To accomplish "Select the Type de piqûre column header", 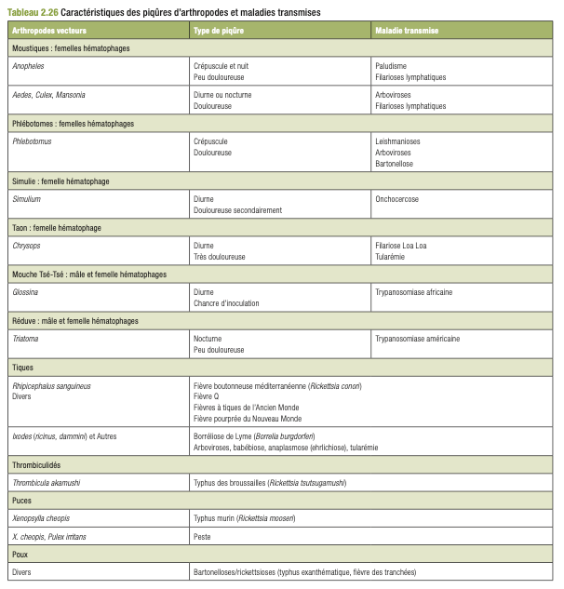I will tap(219, 31).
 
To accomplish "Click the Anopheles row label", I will tap(29, 66).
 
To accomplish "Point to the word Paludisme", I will tap(391, 66).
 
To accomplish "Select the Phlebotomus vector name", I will tap(33, 141).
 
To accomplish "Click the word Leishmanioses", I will tap(397, 141).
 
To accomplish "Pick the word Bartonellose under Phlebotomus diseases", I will tap(394, 163).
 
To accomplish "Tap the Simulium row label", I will tap(27, 199).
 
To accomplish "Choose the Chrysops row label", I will tap(27, 246).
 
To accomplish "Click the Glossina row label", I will tap(26, 292).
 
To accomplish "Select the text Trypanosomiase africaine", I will tap(413, 292).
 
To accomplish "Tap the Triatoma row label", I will tap(25, 339).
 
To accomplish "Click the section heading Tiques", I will tap(22, 368).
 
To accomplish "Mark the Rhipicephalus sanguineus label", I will tap(51, 385).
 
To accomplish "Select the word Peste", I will tap(202, 536).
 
